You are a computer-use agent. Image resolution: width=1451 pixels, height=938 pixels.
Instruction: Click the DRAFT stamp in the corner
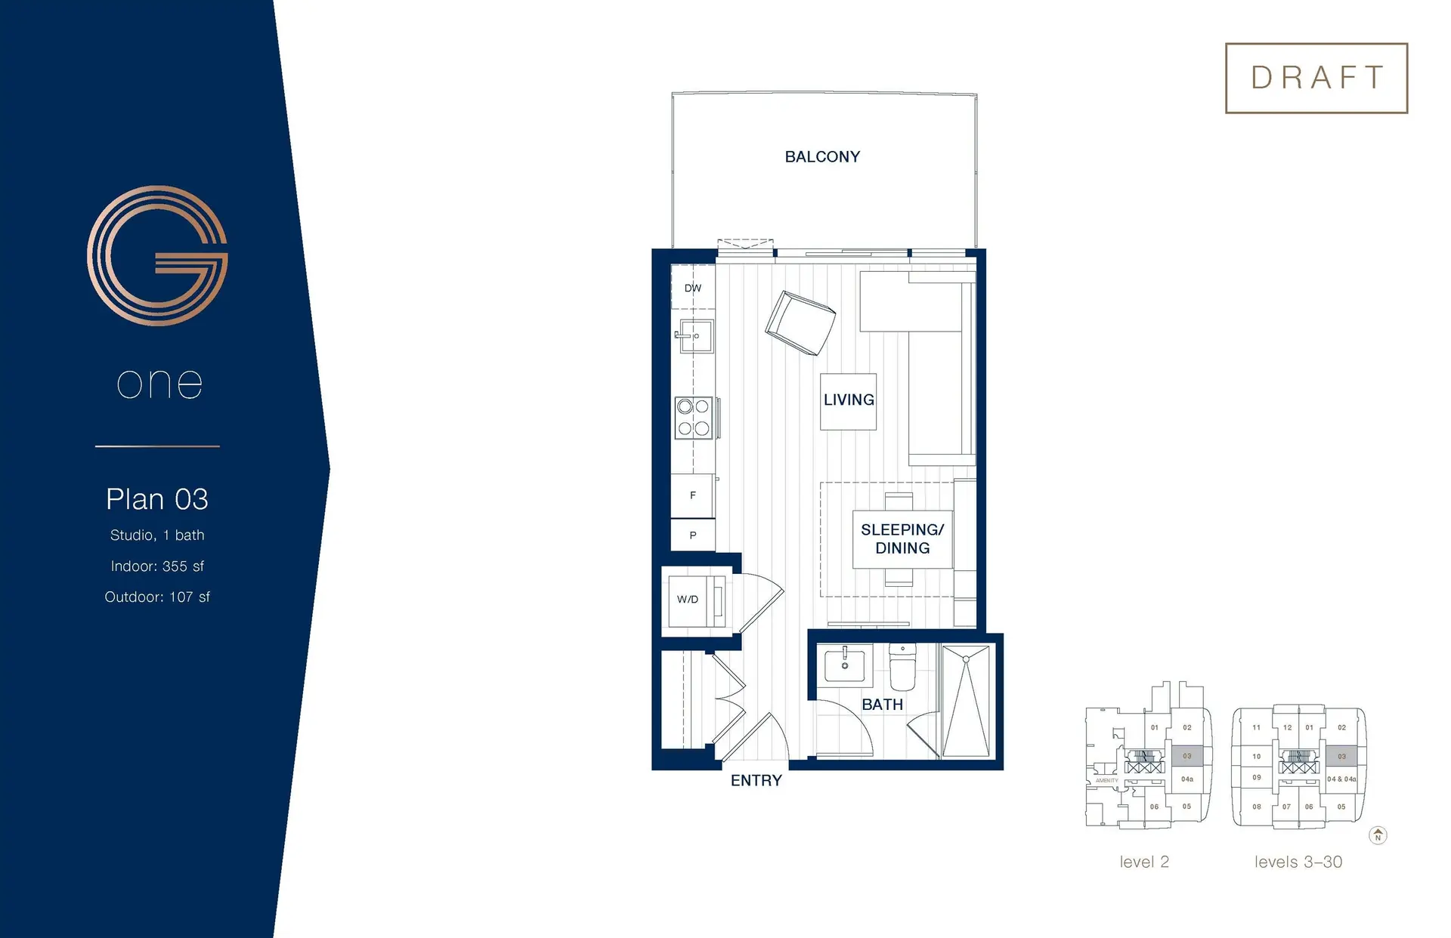(x=1316, y=78)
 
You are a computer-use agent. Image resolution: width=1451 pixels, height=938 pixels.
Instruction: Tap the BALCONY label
(x=822, y=157)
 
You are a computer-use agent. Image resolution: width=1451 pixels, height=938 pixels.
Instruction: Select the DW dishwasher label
(x=693, y=288)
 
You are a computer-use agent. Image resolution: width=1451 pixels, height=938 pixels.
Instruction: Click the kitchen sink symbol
(x=695, y=336)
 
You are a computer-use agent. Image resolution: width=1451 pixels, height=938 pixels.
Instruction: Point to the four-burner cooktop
(x=694, y=418)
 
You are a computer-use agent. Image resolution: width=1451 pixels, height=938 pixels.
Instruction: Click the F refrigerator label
(x=693, y=495)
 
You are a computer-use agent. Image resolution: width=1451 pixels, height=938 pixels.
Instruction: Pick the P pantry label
(x=693, y=535)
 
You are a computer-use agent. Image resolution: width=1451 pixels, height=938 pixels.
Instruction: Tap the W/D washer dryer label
(x=688, y=600)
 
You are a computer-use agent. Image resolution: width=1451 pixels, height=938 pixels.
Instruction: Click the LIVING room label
(x=849, y=400)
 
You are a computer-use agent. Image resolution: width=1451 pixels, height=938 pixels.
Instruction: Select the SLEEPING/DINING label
(x=902, y=539)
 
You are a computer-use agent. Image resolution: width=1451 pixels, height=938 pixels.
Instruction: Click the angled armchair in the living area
(x=800, y=322)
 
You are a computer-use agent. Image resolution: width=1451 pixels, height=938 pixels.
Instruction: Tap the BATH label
(x=883, y=705)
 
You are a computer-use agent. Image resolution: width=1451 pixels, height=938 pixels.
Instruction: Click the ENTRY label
(x=756, y=781)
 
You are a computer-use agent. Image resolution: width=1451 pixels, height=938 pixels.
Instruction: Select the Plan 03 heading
(x=157, y=499)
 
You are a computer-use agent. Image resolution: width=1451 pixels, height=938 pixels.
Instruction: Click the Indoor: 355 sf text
(x=157, y=566)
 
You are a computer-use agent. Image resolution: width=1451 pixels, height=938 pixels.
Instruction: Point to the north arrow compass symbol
(x=1378, y=835)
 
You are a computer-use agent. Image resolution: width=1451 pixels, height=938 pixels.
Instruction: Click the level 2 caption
(x=1144, y=862)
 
